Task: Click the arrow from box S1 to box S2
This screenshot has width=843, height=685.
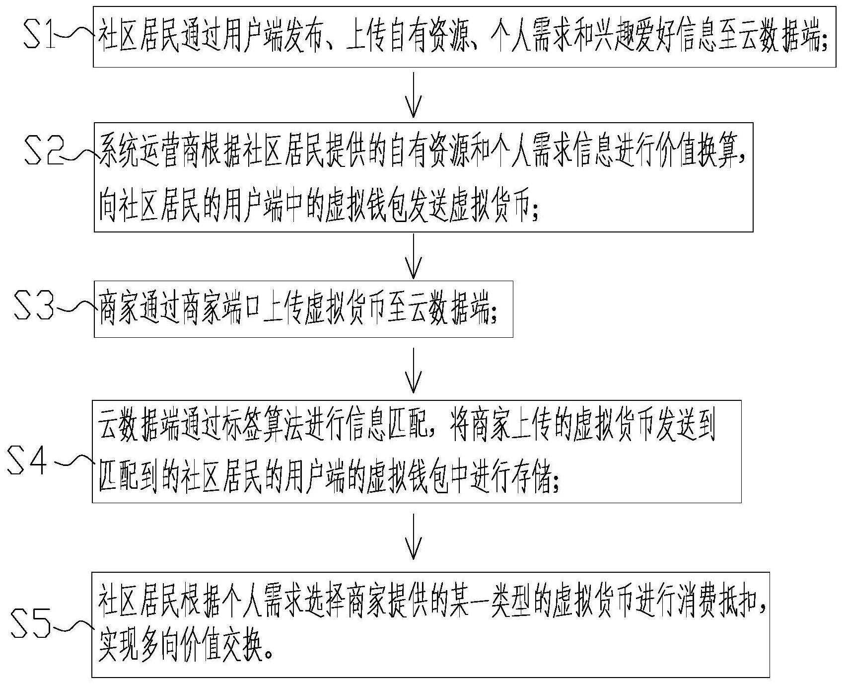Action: click(413, 94)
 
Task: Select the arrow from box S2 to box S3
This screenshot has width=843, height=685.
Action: click(413, 255)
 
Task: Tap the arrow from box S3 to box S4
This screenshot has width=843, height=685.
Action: click(413, 370)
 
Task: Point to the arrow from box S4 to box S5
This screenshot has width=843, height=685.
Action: click(413, 536)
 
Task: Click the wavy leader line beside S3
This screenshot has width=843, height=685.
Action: click(74, 308)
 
